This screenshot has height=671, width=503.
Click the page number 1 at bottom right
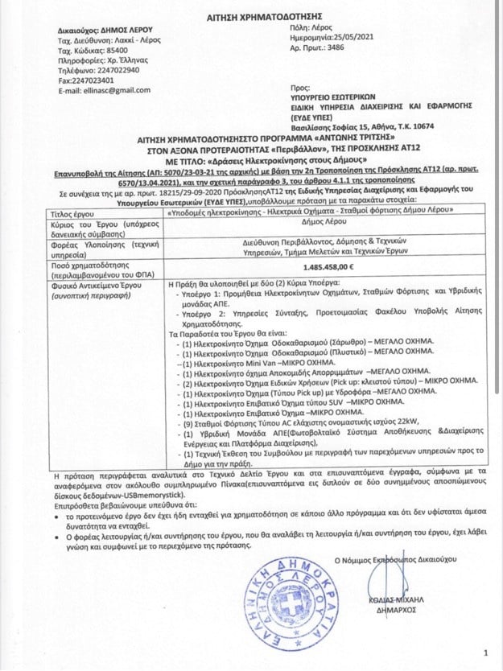click(485, 652)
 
